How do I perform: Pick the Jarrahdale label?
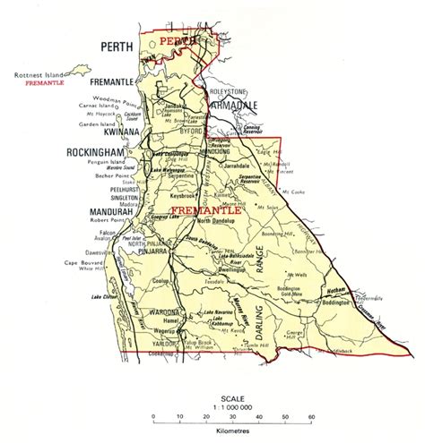pos(240,166)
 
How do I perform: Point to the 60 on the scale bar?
pos(311,418)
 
